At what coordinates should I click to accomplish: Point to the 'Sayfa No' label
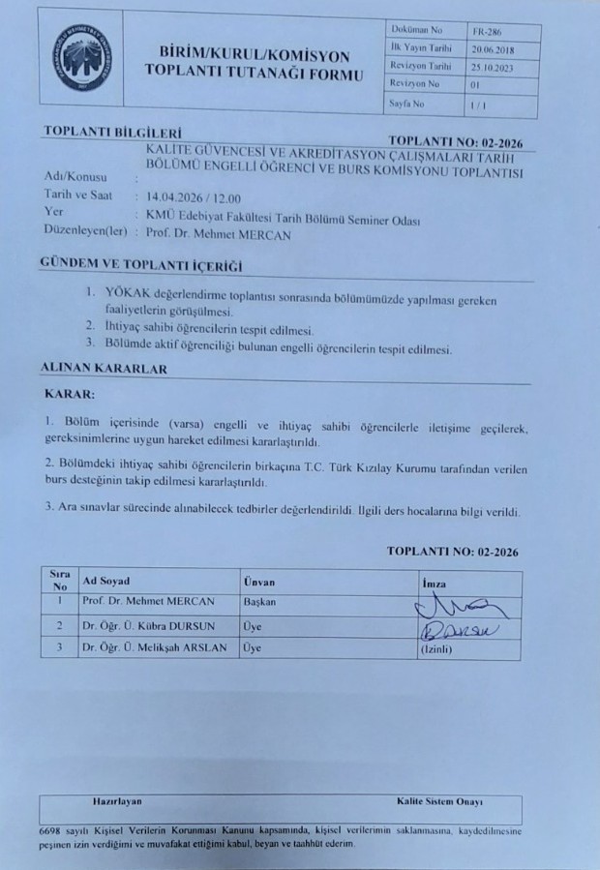pos(407,102)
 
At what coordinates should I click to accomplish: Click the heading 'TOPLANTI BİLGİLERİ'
pos(113,133)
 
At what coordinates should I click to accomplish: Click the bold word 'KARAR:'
pos(70,395)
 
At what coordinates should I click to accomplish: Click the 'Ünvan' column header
pos(259,582)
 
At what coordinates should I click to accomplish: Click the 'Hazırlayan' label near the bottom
pos(117,803)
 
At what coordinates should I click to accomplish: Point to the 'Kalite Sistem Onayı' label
pos(440,803)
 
